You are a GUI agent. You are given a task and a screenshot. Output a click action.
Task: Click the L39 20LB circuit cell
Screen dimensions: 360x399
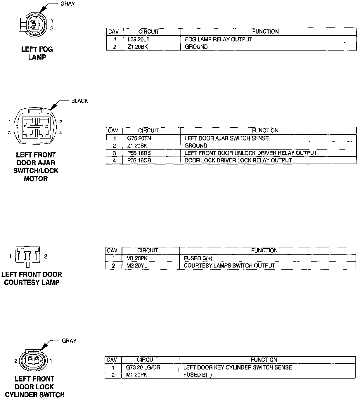[139, 39]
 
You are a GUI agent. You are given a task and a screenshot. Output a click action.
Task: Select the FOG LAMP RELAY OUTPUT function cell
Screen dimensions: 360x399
[218, 39]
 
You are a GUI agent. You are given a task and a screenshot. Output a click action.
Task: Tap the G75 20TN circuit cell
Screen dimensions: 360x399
[139, 138]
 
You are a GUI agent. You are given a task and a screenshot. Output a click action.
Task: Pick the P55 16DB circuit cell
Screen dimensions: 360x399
[139, 153]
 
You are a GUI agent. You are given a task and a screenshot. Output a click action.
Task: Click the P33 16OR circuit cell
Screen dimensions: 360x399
[139, 160]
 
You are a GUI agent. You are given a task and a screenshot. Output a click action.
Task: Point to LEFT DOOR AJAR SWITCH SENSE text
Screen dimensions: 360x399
[226, 138]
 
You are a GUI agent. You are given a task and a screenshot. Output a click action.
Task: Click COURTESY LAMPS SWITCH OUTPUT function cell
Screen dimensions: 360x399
[229, 266]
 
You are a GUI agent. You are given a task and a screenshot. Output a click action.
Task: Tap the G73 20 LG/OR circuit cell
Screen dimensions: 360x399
[143, 367]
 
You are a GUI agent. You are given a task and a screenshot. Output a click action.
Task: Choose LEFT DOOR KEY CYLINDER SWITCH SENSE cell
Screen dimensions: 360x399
[237, 367]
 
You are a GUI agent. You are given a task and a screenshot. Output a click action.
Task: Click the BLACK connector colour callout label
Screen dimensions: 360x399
[79, 101]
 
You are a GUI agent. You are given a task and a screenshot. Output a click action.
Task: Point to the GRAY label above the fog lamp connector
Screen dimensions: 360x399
[67, 4]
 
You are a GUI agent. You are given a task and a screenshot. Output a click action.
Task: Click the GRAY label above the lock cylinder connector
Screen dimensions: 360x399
[69, 341]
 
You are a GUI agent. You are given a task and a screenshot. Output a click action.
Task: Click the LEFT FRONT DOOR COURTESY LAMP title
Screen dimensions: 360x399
[32, 278]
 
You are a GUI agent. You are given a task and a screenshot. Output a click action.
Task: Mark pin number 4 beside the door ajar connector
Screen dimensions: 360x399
[60, 133]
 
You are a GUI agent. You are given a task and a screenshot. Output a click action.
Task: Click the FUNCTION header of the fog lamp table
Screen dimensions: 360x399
[265, 32]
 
